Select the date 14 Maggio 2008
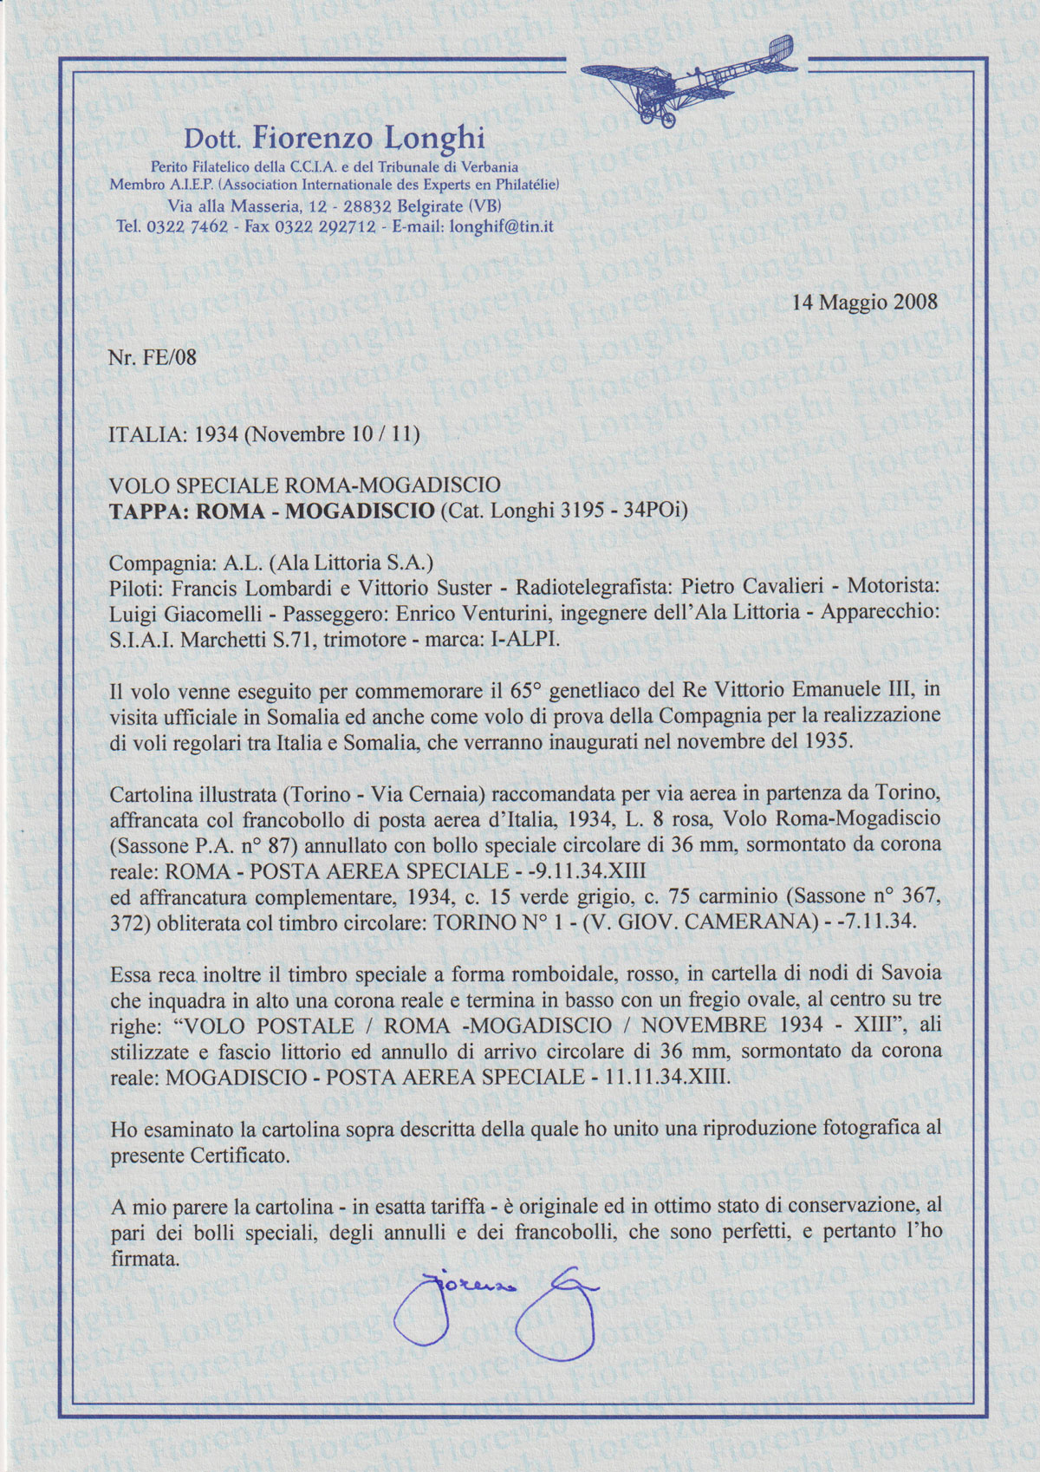[865, 303]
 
